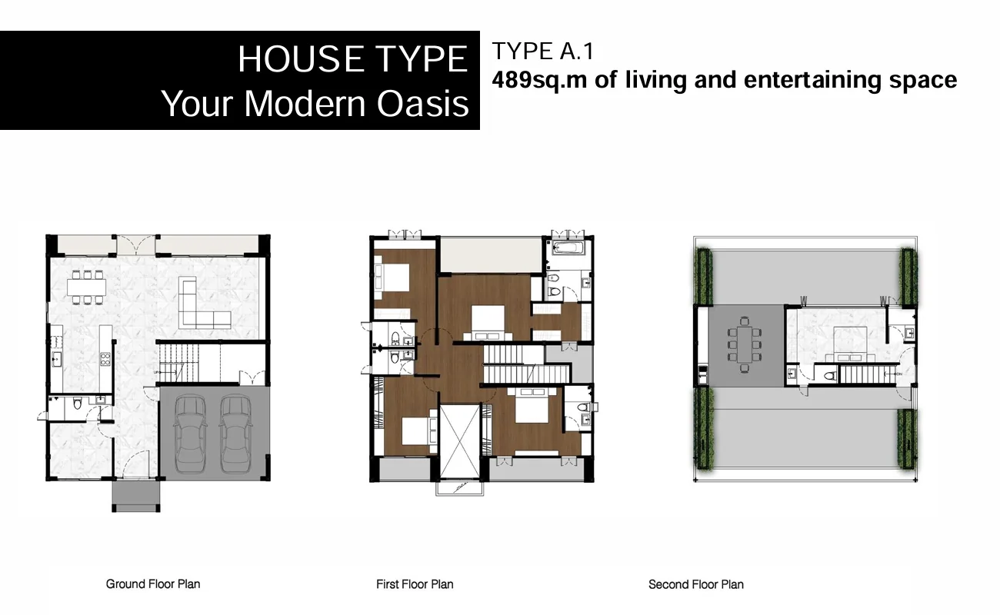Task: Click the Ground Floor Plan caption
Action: [152, 583]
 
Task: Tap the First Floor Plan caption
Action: [415, 584]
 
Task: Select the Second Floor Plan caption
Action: [696, 584]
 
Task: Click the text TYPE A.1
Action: [543, 52]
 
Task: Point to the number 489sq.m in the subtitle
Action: [539, 80]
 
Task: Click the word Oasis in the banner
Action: [423, 104]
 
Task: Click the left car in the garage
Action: [191, 434]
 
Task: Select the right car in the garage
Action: [236, 434]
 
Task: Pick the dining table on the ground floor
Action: [87, 288]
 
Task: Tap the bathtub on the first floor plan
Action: [568, 248]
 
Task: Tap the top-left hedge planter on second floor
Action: [704, 276]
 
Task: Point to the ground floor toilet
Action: [78, 404]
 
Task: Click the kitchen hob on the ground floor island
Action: [105, 359]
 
